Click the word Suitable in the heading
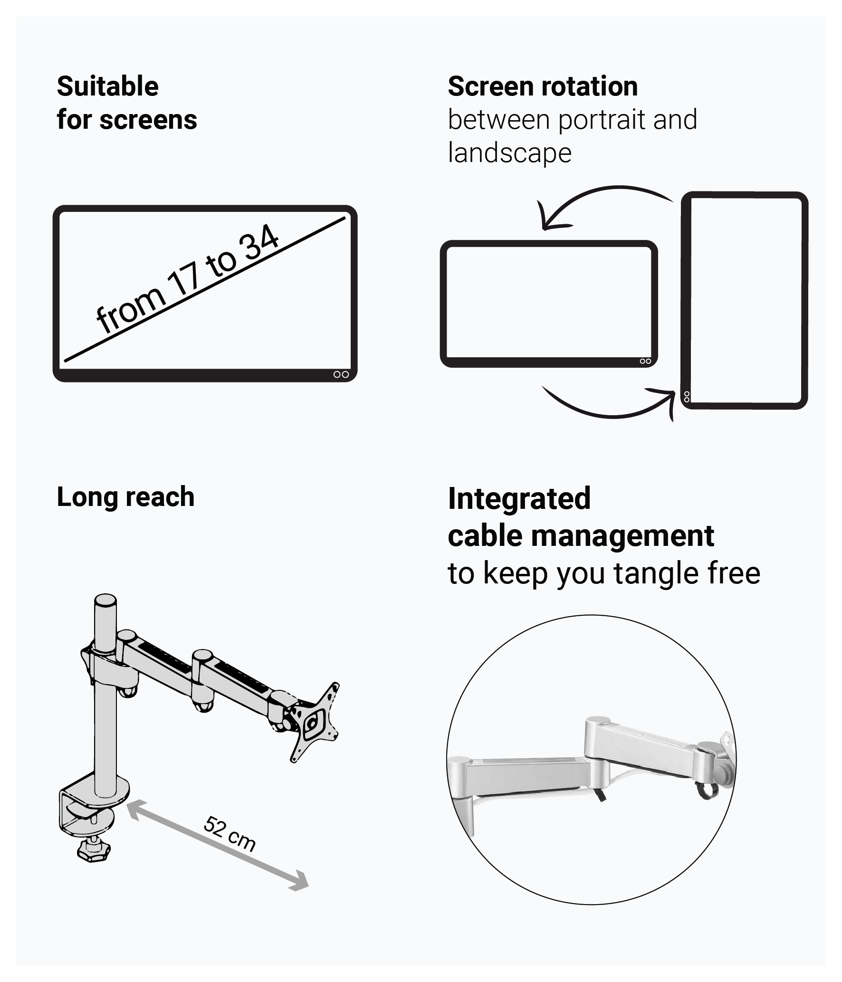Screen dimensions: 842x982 (x=107, y=86)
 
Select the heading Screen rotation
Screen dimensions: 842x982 (x=543, y=86)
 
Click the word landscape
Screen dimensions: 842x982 (x=510, y=153)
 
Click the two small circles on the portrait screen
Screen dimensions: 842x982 (x=687, y=396)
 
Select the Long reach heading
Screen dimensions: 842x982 (x=125, y=497)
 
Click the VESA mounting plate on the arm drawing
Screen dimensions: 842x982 (x=314, y=722)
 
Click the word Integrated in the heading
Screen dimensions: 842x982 (x=519, y=499)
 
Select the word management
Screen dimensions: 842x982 (x=623, y=536)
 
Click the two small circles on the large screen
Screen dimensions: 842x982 (x=341, y=374)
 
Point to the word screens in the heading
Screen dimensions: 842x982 (x=148, y=120)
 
